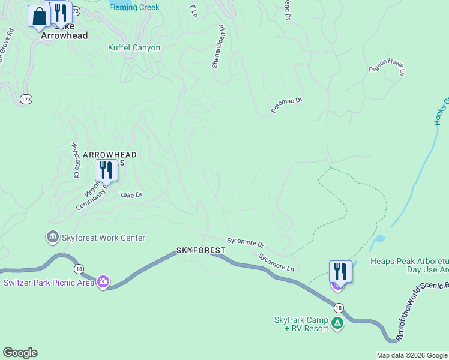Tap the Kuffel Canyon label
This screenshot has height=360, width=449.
pyautogui.click(x=134, y=47)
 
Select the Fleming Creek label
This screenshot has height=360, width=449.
pyautogui.click(x=134, y=8)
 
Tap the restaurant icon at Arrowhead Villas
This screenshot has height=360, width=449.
pyautogui.click(x=106, y=170)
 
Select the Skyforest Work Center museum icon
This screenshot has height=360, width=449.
pyautogui.click(x=52, y=238)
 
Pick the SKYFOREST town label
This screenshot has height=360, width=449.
pyautogui.click(x=200, y=250)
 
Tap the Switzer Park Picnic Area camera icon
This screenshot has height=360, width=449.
pyautogui.click(x=103, y=281)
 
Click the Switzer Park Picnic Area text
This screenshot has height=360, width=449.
pyautogui.click(x=49, y=283)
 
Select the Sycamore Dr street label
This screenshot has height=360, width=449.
pyautogui.click(x=246, y=242)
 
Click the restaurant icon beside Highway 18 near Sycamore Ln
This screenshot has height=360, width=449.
pyautogui.click(x=340, y=271)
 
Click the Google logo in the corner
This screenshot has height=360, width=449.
pyautogui.click(x=20, y=353)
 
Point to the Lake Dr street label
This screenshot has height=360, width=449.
pyautogui.click(x=131, y=195)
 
